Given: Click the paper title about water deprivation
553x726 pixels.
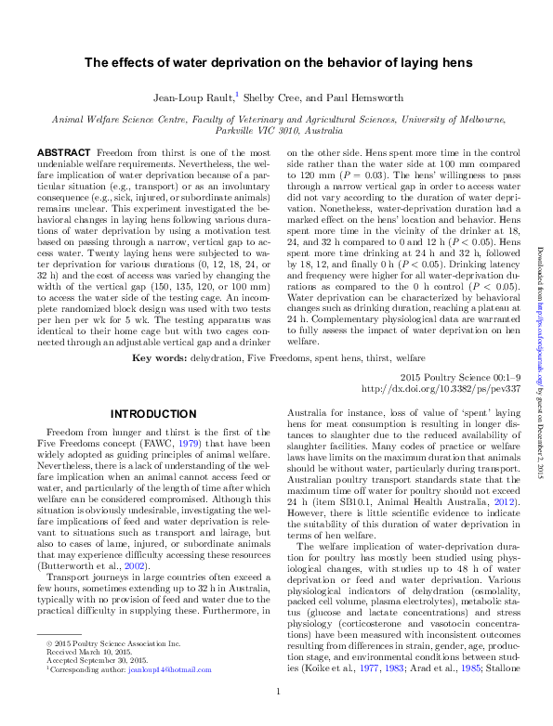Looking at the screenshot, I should coord(279,63).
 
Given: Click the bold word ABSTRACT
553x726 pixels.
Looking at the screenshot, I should coord(62,151).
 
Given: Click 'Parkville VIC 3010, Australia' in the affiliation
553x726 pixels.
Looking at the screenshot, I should coord(278,130).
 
